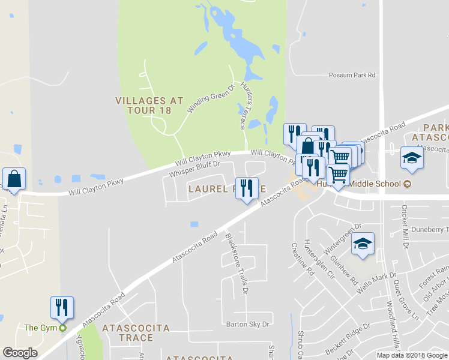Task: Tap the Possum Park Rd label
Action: pyautogui.click(x=352, y=75)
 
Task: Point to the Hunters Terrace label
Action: pyautogui.click(x=247, y=105)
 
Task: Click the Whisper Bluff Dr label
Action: pyautogui.click(x=195, y=168)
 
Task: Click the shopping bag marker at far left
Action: pyautogui.click(x=14, y=179)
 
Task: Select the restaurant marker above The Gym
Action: pyautogui.click(x=62, y=307)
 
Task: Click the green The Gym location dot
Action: pyautogui.click(x=62, y=328)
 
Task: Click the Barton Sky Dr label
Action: pyautogui.click(x=248, y=325)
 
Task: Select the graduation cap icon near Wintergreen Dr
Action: pyautogui.click(x=363, y=244)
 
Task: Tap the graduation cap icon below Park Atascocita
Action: pyautogui.click(x=412, y=158)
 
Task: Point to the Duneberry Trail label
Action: pyautogui.click(x=429, y=230)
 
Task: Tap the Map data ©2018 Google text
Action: pyautogui.click(x=412, y=355)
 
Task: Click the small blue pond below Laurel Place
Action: pyautogui.click(x=194, y=224)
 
